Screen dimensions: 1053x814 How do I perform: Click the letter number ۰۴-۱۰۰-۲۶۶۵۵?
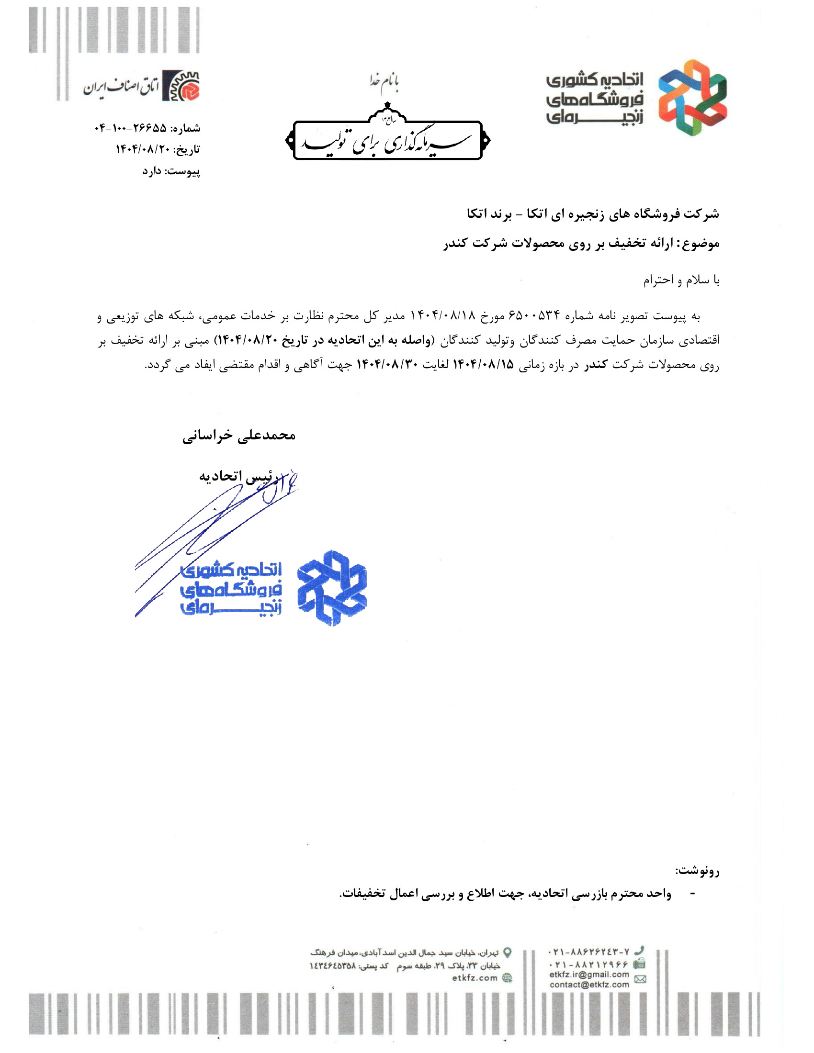point(130,128)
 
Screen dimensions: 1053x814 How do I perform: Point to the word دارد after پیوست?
point(152,171)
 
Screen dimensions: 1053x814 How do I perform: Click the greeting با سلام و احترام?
point(681,280)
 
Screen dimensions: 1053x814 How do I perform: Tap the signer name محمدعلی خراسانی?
point(239,436)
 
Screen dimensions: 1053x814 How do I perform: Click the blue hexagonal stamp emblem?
point(331,588)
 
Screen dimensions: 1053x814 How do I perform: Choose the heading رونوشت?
point(697,871)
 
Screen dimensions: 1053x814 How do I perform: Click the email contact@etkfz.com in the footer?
point(589,985)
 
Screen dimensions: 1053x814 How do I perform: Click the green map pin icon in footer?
point(507,952)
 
